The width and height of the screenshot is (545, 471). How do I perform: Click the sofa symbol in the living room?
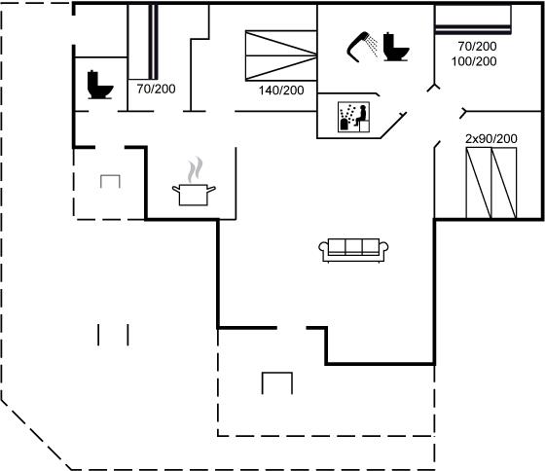point(353,250)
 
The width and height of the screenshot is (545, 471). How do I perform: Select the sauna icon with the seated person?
point(353,117)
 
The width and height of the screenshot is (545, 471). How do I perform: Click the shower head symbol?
point(358,47)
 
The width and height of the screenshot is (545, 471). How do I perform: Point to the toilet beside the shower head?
point(396,47)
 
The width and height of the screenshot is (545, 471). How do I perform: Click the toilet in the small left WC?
point(100,85)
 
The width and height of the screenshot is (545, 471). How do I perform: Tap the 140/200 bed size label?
point(281,91)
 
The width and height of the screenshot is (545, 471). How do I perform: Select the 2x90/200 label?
point(491,139)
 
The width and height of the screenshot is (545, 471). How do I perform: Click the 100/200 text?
point(474,61)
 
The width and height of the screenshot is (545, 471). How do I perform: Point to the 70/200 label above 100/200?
point(477,47)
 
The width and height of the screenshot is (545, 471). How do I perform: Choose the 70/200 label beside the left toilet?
point(156,89)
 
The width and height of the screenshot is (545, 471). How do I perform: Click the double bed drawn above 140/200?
point(281,55)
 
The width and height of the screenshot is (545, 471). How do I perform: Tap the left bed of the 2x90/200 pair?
point(478,183)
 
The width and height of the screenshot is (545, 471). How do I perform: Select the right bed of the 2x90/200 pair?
point(504,183)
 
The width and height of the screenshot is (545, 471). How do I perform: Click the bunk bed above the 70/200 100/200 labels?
point(473,19)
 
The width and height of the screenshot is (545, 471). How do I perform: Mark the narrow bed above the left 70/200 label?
point(143,42)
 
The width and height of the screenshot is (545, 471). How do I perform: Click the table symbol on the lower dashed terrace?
point(277,383)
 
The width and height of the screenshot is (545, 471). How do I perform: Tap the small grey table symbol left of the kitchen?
point(110,181)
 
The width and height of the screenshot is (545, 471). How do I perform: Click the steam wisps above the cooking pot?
point(196,169)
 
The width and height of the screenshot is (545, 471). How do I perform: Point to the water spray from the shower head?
point(373,45)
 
